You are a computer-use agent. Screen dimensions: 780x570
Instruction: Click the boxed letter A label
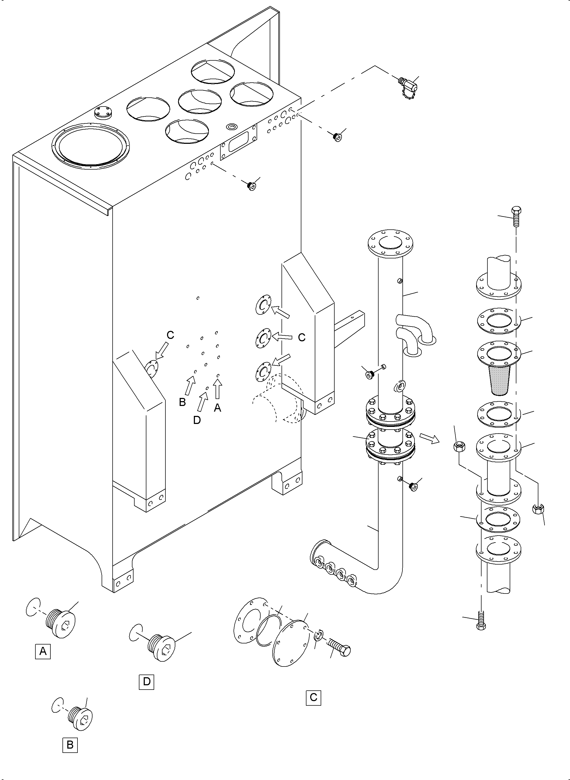[43, 651]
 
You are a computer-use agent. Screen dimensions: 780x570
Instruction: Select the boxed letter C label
[313, 697]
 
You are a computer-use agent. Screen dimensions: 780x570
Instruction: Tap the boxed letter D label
[147, 681]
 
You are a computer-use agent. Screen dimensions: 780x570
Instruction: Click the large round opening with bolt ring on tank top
[90, 142]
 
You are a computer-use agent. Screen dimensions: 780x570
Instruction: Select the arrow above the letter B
[190, 386]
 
